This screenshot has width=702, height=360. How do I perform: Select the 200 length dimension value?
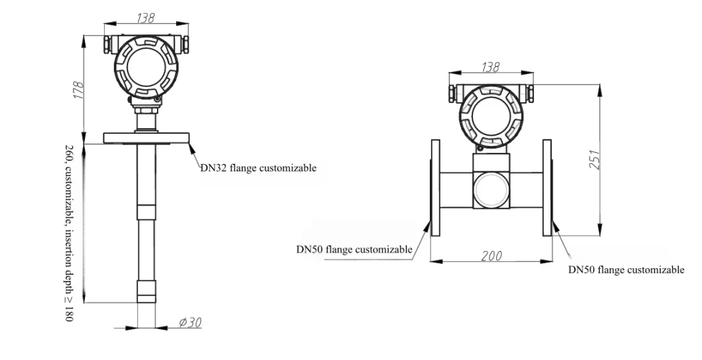(x=491, y=255)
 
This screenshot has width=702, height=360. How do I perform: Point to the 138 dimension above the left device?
(x=145, y=19)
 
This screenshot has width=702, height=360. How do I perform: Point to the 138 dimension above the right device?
(x=489, y=67)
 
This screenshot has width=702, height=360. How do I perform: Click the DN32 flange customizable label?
(x=258, y=167)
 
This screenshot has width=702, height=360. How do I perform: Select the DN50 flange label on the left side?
(x=354, y=250)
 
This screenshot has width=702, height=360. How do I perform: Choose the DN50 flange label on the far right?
(x=626, y=269)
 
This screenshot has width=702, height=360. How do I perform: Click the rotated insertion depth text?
(x=69, y=233)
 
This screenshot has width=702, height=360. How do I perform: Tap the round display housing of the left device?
(x=145, y=67)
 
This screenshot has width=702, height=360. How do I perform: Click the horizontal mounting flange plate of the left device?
(x=145, y=138)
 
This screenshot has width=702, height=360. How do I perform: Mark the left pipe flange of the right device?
(x=434, y=187)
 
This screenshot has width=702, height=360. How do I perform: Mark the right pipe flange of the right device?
(x=547, y=187)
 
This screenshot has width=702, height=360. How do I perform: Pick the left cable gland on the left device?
(x=108, y=45)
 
